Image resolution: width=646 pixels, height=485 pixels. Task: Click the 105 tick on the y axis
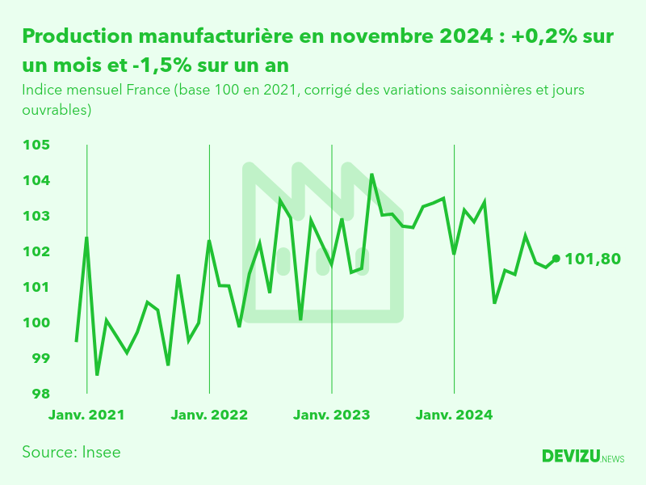tap(37, 145)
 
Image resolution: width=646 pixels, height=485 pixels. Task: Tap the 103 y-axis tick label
tap(37, 216)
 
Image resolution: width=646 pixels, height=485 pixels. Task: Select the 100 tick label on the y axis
tap(37, 323)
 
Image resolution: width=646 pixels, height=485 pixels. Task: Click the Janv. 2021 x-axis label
tap(86, 415)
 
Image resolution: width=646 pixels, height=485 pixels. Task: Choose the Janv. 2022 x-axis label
tap(209, 415)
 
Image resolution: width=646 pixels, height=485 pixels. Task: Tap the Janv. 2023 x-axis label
tap(331, 415)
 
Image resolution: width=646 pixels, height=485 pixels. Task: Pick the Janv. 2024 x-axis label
tap(454, 415)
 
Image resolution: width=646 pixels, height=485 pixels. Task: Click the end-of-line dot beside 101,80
tap(556, 259)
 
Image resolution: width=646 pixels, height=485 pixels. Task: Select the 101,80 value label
tap(593, 259)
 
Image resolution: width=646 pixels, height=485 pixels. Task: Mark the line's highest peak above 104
tap(371, 174)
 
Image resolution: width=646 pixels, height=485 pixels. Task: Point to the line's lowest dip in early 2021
tap(97, 374)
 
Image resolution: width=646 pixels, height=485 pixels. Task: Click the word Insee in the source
tap(102, 452)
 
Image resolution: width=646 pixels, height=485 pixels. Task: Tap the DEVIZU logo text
tap(571, 457)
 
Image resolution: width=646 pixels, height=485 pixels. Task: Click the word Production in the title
tap(77, 36)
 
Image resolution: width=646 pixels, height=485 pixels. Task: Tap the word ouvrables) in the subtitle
tap(57, 109)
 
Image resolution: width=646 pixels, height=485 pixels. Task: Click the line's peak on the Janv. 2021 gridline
tap(86, 237)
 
